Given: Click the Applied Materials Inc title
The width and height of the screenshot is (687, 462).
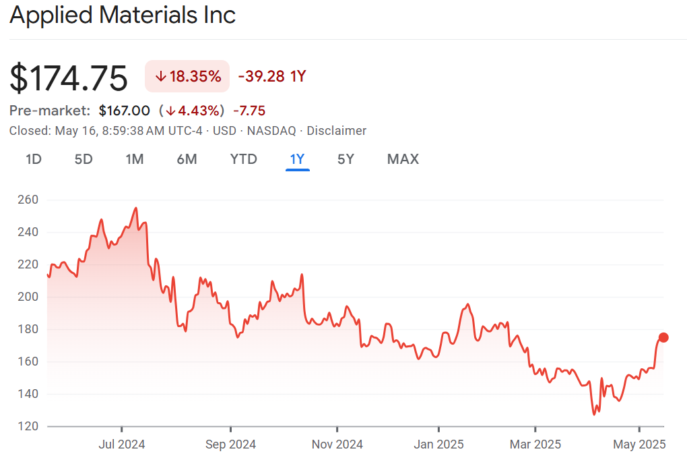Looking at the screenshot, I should [x=123, y=15].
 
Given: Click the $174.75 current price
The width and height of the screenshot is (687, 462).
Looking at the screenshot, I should [x=69, y=78].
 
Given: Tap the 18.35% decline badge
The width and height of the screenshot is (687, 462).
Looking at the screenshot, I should [x=187, y=76].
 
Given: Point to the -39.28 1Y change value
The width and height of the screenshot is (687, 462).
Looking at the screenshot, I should [x=272, y=76].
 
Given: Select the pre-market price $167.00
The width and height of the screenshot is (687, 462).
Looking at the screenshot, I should [x=124, y=111].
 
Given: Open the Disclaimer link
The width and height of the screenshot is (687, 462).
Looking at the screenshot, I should [x=337, y=131].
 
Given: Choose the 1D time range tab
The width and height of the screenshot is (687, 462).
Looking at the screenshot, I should [x=34, y=159].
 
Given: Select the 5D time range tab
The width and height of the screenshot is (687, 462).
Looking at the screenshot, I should [x=84, y=159].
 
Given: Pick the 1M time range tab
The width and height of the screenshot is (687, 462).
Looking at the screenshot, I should [x=135, y=159].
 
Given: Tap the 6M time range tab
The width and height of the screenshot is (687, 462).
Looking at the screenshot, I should [x=187, y=159].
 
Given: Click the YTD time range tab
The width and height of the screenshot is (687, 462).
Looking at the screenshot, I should [x=243, y=159].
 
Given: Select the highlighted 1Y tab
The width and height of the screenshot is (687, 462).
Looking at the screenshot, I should [x=297, y=159].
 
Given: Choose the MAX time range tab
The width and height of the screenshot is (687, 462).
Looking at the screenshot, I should [x=403, y=159].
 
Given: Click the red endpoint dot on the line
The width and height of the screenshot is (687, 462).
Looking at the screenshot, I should [x=663, y=337].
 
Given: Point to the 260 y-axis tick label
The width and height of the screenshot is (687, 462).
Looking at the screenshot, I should [x=28, y=200].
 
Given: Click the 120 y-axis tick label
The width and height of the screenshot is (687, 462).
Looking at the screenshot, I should [x=28, y=426].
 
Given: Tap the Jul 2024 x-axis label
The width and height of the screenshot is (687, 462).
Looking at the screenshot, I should [x=122, y=444].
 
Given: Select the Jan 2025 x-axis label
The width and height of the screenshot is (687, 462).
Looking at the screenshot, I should [x=438, y=444].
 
